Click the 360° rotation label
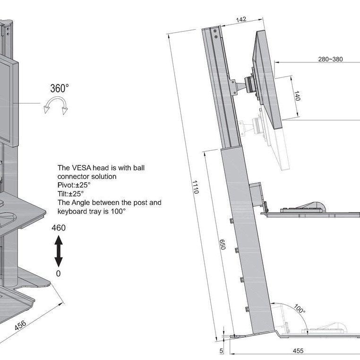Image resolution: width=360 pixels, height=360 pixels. [x=60, y=88]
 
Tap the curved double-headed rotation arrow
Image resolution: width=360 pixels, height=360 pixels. [x=55, y=105]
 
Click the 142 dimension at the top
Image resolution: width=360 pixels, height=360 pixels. [x=241, y=20]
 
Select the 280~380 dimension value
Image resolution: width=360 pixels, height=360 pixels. [x=330, y=60]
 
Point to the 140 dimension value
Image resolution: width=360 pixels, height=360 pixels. [x=297, y=96]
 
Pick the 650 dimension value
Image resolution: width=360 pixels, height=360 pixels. [x=222, y=245]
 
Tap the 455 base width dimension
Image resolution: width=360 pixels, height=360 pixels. [x=298, y=351]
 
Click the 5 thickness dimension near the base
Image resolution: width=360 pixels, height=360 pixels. [x=221, y=351]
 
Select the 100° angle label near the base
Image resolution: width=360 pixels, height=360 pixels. [x=299, y=309]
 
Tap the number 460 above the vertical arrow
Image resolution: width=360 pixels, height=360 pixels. [x=58, y=228]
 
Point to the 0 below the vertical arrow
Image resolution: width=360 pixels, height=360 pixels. [x=58, y=274]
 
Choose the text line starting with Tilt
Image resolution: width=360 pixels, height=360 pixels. [x=70, y=194]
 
